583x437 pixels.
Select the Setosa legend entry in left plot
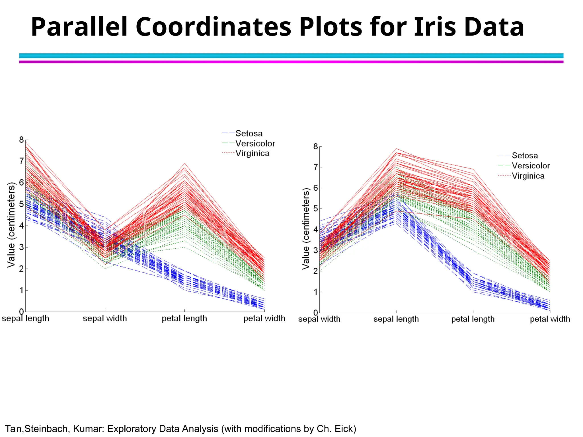249,133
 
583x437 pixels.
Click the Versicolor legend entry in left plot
255,143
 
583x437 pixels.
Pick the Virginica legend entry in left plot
252,153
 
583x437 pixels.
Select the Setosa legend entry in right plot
524,156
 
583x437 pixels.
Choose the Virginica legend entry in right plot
528,176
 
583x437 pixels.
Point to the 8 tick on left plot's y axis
22,140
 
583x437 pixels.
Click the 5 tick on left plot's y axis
22,204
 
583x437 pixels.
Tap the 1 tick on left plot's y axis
22,290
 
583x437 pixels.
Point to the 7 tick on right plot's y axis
315,167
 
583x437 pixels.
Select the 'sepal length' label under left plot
26,318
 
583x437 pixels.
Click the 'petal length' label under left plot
184,318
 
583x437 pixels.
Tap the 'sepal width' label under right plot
319,319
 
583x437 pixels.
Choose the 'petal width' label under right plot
550,319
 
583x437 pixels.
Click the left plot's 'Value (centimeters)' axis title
11,225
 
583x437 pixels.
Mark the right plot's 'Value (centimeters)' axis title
306,229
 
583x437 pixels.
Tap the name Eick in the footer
344,429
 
